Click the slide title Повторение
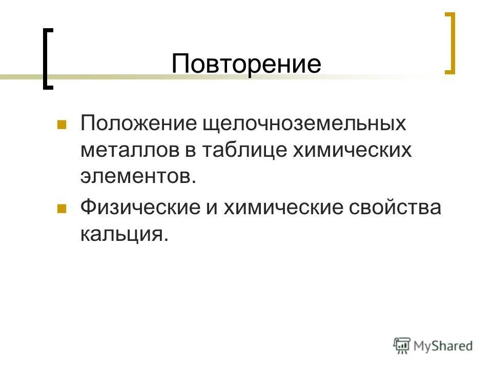246,64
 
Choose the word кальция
124,234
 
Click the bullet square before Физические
61,209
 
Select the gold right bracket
450,44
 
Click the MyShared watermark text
444,346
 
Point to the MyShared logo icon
402,346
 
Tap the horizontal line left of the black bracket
20,77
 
